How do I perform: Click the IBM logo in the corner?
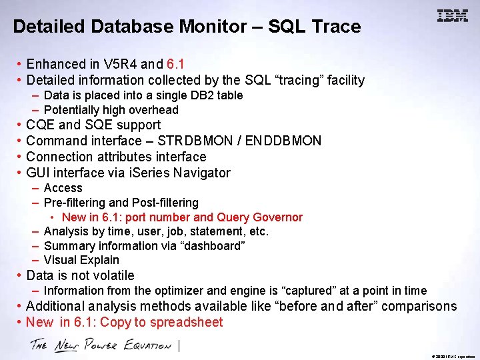click(453, 16)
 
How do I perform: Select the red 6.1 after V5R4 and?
click(175, 65)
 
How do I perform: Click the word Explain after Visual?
click(101, 260)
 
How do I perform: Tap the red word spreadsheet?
click(186, 323)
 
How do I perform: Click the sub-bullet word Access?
click(63, 188)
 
